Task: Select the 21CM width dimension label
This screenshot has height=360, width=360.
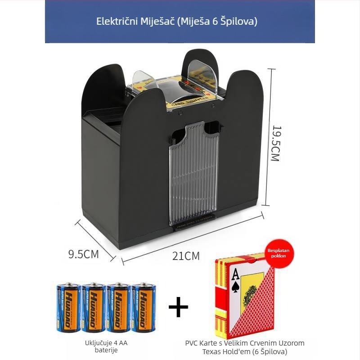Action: click(185, 256)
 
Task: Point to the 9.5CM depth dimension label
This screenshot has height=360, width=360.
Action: click(83, 254)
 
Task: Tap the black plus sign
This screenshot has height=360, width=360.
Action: click(178, 307)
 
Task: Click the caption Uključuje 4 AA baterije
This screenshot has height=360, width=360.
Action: click(106, 346)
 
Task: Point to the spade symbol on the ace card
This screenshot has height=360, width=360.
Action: click(235, 287)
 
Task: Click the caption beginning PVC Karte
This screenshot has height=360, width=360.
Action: click(245, 347)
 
